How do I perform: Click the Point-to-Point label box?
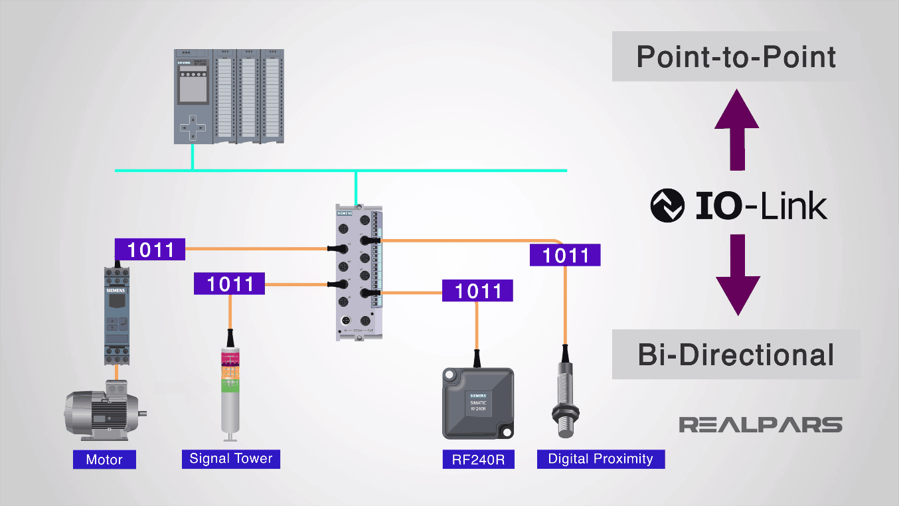click(x=736, y=56)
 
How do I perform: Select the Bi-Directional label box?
click(x=736, y=355)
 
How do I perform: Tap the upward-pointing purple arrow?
click(x=736, y=130)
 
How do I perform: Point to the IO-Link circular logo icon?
click(x=667, y=206)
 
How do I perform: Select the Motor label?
click(x=104, y=460)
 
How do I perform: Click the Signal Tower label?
click(x=231, y=458)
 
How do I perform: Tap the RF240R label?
click(x=478, y=460)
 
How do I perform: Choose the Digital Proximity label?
click(x=600, y=459)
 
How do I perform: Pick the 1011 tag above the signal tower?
click(x=230, y=284)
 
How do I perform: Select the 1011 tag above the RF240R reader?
click(x=477, y=291)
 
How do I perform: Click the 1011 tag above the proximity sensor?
click(x=565, y=255)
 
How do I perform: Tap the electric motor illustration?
click(x=103, y=412)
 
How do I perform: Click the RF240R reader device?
click(x=478, y=403)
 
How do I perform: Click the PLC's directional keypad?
click(x=193, y=126)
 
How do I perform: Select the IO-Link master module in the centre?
click(x=359, y=272)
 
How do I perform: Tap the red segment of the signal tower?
click(x=230, y=359)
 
